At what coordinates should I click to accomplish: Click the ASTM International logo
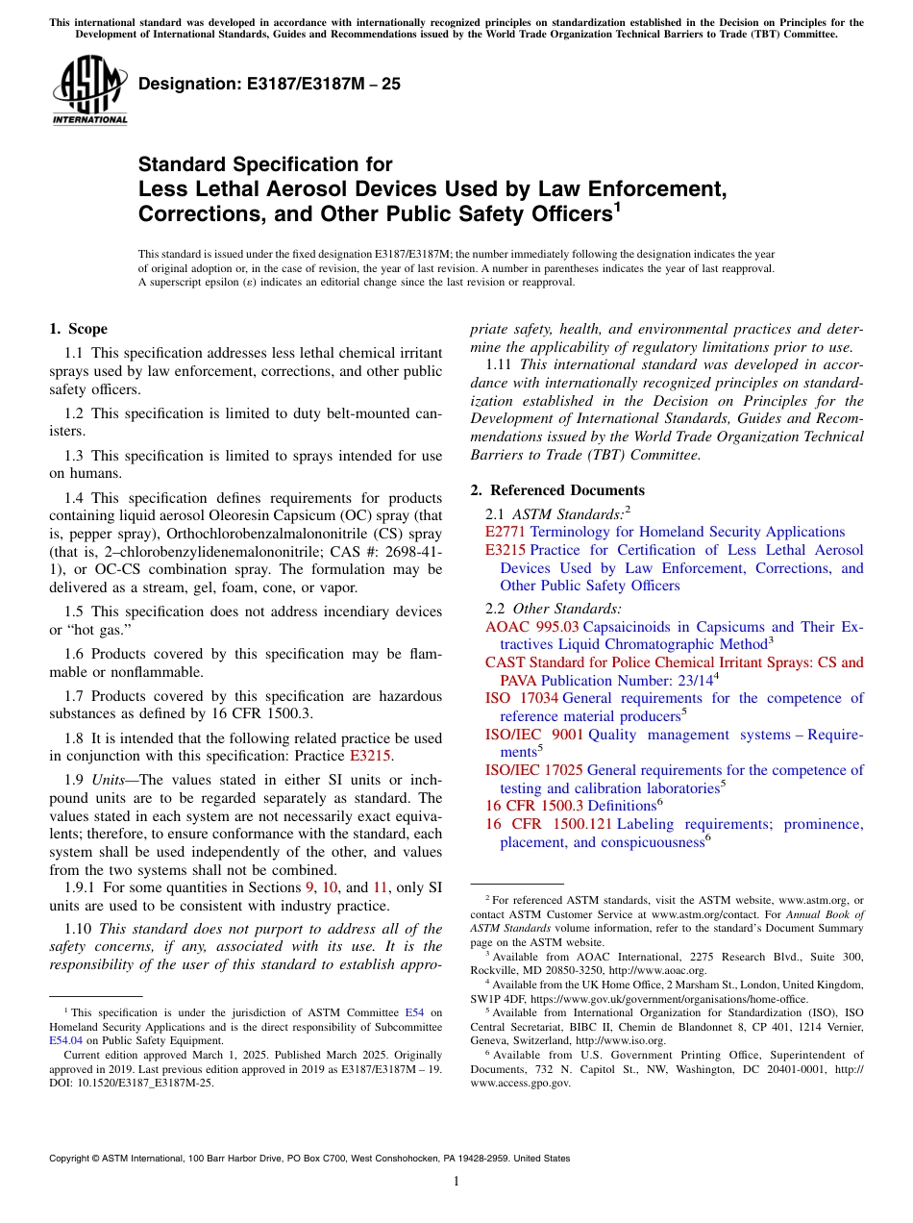click(x=88, y=90)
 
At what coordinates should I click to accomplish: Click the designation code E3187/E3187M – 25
click(x=270, y=85)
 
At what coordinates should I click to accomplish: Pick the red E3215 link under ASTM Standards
click(x=506, y=550)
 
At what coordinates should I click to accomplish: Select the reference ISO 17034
click(x=521, y=698)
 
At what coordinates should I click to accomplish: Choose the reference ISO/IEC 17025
click(x=533, y=770)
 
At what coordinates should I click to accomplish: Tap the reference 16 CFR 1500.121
click(x=548, y=824)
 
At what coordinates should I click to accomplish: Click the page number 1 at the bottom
click(x=456, y=1182)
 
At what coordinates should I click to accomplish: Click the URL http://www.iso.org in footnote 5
click(x=629, y=1040)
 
